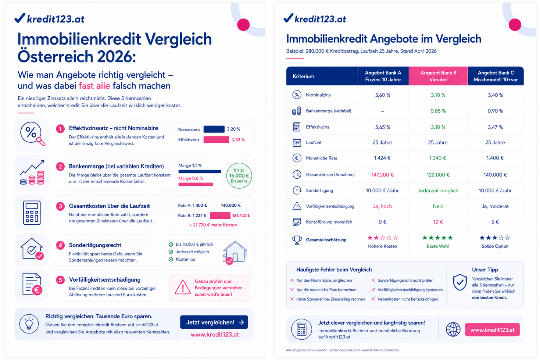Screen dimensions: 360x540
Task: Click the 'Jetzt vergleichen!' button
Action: [x=214, y=322]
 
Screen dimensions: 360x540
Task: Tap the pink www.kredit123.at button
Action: [x=492, y=330]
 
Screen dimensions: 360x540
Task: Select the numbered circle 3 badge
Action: [x=60, y=206]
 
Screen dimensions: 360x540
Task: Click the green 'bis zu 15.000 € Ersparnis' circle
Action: [x=239, y=176]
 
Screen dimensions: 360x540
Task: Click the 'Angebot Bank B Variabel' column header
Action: [x=438, y=76]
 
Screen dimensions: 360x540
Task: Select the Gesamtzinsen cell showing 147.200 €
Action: [x=382, y=175]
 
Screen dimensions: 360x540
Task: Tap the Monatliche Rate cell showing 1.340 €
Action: [x=438, y=158]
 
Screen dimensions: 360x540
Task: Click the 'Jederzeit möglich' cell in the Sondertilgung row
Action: [x=438, y=191]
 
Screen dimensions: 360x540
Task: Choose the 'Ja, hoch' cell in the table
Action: [x=382, y=206]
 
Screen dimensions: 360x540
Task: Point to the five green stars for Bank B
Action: [x=438, y=238]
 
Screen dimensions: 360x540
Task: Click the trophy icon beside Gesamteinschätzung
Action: [x=297, y=240]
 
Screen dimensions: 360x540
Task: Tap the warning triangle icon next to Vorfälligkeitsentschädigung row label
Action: [x=297, y=206]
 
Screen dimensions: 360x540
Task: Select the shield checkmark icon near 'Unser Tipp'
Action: [x=460, y=282]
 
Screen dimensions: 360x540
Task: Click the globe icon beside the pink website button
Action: [x=453, y=330]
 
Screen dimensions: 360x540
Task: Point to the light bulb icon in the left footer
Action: [x=29, y=324]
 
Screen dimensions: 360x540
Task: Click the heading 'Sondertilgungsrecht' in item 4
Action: [x=95, y=245]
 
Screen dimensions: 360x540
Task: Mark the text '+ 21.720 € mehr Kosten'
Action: [x=213, y=225]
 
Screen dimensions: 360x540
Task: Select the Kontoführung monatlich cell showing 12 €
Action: [x=438, y=222]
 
